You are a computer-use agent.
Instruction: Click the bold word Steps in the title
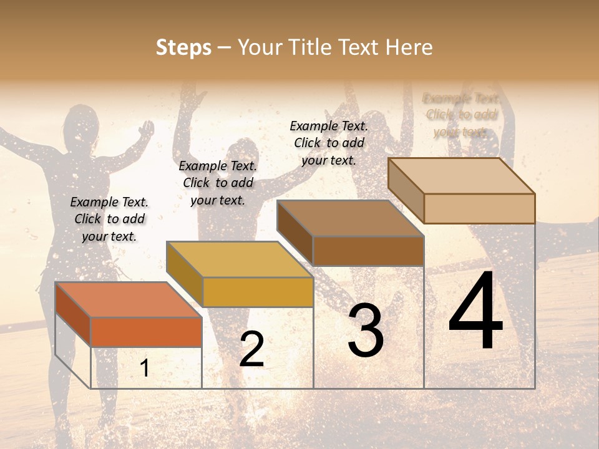pos(183,47)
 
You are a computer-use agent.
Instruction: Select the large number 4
pos(475,312)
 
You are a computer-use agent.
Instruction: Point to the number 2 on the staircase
pos(251,349)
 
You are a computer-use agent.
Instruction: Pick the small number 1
pos(145,369)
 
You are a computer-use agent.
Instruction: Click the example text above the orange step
pos(109,219)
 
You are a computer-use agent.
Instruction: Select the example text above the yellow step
pos(218,183)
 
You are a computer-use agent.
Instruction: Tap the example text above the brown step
pos(329,143)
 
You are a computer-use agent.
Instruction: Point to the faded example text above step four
pos(461,115)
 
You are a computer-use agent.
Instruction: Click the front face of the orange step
pos(146,332)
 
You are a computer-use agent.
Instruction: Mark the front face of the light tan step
pos(479,208)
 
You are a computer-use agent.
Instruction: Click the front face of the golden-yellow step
pos(258,292)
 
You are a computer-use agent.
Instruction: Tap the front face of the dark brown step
pos(368,251)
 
